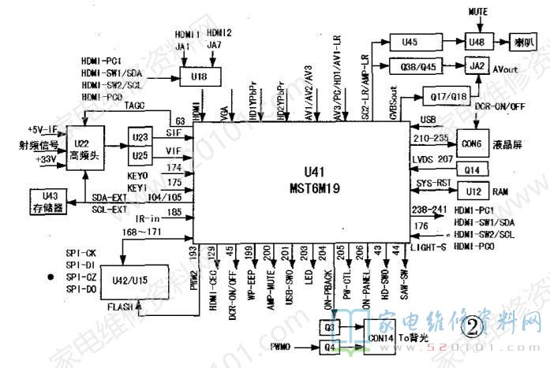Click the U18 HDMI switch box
point(200,76)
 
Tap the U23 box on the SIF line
point(140,136)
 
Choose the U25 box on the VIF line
point(140,154)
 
